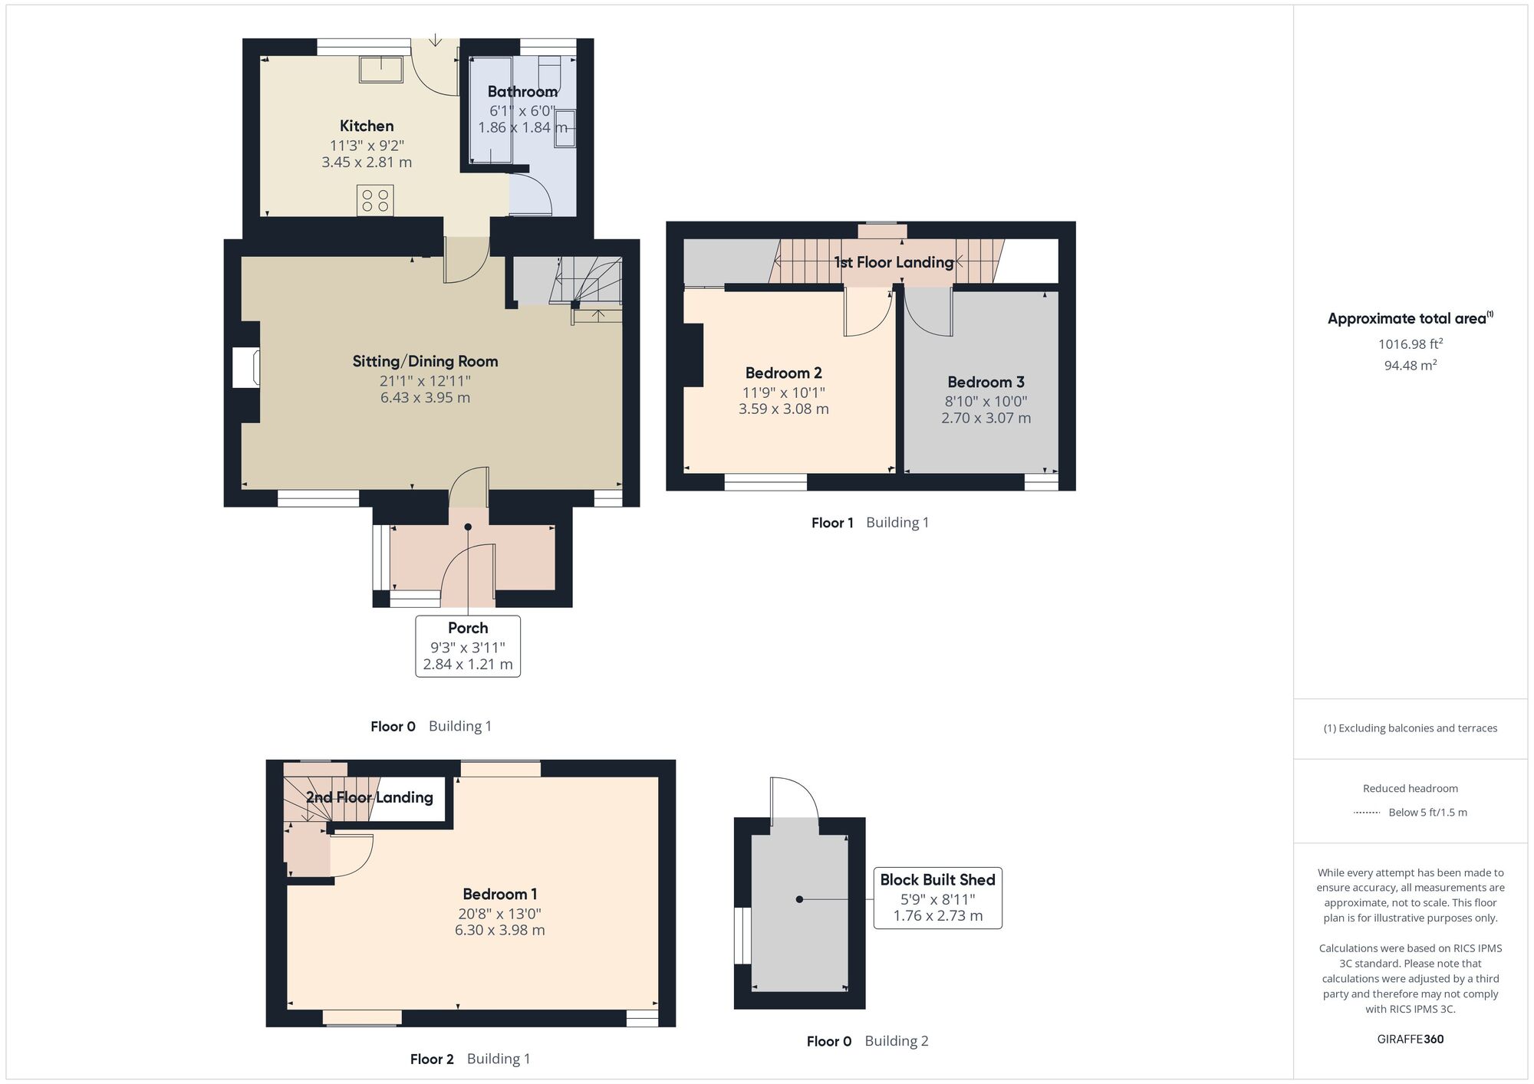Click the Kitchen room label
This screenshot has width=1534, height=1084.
coord(367,126)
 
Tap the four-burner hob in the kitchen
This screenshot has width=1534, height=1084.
coord(375,200)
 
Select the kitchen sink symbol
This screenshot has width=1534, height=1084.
coord(381,69)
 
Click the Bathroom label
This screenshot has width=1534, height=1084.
coord(522,91)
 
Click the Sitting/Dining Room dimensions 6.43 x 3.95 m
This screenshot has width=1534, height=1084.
coord(425,397)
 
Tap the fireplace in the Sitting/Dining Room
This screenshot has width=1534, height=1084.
coord(246,367)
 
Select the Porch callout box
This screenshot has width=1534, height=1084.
coord(468,645)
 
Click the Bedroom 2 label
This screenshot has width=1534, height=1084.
coord(783,373)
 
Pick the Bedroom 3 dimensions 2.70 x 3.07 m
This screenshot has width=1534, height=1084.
coord(986,418)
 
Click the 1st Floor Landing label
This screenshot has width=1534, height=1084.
coord(894,262)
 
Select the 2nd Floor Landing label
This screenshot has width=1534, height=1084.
coord(369,797)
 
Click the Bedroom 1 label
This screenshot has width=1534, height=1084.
coord(499,894)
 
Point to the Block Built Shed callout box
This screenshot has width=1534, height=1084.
coord(937,898)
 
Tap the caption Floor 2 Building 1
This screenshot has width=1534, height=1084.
coord(469,1059)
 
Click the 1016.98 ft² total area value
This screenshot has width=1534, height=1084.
coord(1410,344)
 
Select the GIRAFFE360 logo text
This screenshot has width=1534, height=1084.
coord(1410,1039)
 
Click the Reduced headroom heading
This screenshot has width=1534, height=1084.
coord(1410,788)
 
